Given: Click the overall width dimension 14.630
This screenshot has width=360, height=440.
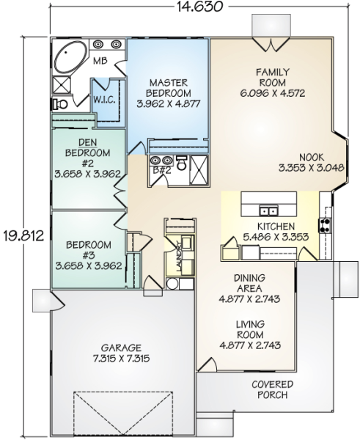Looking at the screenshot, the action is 199,7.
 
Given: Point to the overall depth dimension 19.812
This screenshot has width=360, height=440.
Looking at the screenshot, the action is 24,236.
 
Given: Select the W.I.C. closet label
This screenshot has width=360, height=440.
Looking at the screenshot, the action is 104,100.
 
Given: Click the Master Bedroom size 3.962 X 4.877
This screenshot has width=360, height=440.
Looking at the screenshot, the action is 169,104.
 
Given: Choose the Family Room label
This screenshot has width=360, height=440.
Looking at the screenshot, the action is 273,78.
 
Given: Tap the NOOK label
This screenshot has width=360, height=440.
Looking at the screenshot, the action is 312,157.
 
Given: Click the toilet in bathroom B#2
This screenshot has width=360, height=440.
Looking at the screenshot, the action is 182,164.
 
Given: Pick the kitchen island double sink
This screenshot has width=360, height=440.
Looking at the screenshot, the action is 268,210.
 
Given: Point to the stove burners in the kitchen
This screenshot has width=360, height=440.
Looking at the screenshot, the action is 325,225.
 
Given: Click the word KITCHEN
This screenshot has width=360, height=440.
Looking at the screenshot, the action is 276,226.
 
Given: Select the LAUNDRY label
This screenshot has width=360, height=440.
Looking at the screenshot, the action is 178,256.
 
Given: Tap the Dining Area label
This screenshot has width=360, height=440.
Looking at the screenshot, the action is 249,283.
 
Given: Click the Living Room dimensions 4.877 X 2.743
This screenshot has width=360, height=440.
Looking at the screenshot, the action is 250,345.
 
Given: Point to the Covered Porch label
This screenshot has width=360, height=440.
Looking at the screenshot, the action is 273,389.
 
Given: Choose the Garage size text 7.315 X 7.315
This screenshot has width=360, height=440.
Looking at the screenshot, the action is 121,359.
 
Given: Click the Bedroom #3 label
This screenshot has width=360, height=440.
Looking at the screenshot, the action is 89,250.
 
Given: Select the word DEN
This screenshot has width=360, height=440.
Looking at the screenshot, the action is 88,143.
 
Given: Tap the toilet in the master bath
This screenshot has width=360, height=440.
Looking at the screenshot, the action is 60,104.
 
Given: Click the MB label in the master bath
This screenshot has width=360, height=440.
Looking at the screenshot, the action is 100,61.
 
